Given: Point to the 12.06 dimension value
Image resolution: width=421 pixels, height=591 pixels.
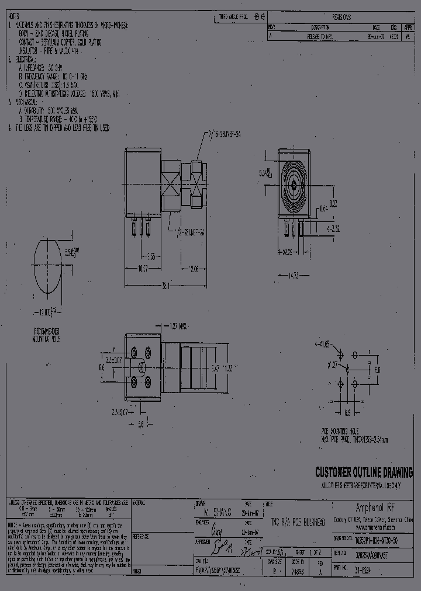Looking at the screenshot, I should click(x=195, y=269).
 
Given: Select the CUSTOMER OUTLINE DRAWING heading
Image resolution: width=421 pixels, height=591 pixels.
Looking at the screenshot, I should click(x=363, y=472).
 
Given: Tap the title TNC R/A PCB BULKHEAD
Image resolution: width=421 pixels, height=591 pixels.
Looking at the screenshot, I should click(x=296, y=521).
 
